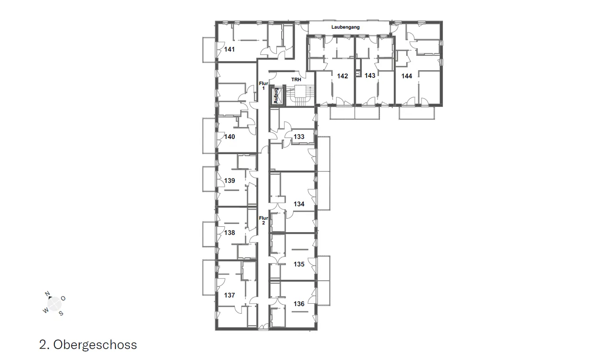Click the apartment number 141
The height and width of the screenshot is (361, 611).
[x=230, y=49]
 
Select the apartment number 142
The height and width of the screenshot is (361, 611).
[x=342, y=76]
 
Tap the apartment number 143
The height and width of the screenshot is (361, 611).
[x=370, y=75]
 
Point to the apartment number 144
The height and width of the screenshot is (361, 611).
[x=406, y=76]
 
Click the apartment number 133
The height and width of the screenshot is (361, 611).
[x=299, y=137]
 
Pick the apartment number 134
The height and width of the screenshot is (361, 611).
[x=299, y=204]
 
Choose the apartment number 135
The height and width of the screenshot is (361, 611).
[x=299, y=264]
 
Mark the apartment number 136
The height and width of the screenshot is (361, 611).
[x=299, y=304]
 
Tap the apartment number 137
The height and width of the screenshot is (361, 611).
[x=230, y=295]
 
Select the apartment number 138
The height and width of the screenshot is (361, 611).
[x=230, y=233]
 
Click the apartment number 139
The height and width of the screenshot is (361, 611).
[x=230, y=180]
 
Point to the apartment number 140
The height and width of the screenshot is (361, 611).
[x=230, y=137]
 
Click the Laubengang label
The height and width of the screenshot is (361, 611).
[x=345, y=27]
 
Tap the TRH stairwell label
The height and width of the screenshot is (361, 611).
[x=296, y=80]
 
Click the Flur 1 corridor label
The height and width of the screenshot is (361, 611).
[x=263, y=85]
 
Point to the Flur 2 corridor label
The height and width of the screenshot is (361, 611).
[x=263, y=221]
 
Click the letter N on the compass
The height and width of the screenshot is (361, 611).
[x=47, y=294]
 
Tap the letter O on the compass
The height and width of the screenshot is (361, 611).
[x=63, y=298]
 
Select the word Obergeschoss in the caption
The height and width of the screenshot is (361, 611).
[x=95, y=345]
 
